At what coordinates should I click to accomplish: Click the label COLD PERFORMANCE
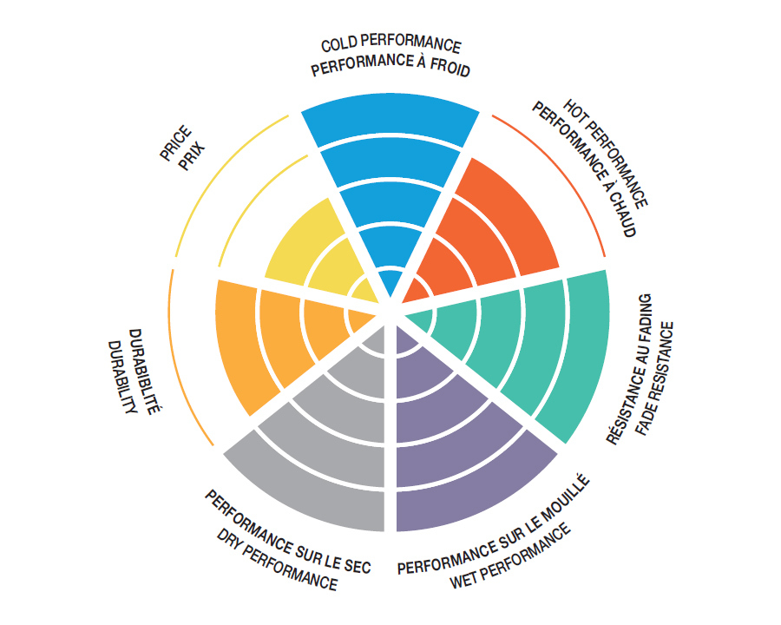[x=391, y=45]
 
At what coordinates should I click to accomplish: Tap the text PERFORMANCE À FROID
[x=390, y=68]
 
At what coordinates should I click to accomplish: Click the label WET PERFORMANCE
[x=512, y=556]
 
